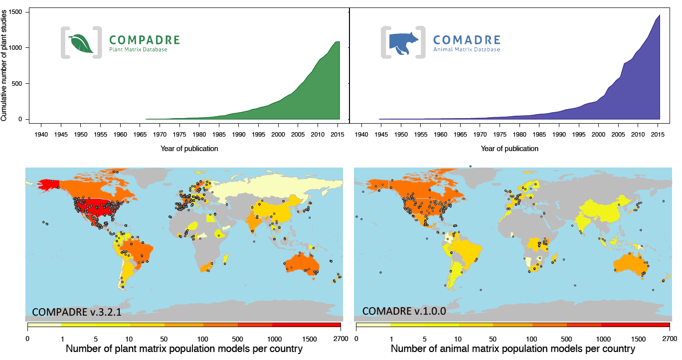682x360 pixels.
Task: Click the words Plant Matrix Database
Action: (x=138, y=50)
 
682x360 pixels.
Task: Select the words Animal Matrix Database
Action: (x=466, y=50)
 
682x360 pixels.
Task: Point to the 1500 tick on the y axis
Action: (x=17, y=12)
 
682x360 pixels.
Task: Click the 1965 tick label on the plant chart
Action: (x=140, y=135)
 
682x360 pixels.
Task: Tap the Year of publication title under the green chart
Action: (x=189, y=149)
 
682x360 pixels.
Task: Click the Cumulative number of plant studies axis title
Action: (x=4, y=64)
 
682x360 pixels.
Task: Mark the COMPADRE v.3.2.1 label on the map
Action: (x=77, y=312)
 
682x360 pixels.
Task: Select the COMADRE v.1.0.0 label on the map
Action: (x=404, y=311)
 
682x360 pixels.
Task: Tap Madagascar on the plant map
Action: (x=226, y=258)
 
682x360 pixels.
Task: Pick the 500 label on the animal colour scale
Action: (x=566, y=339)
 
